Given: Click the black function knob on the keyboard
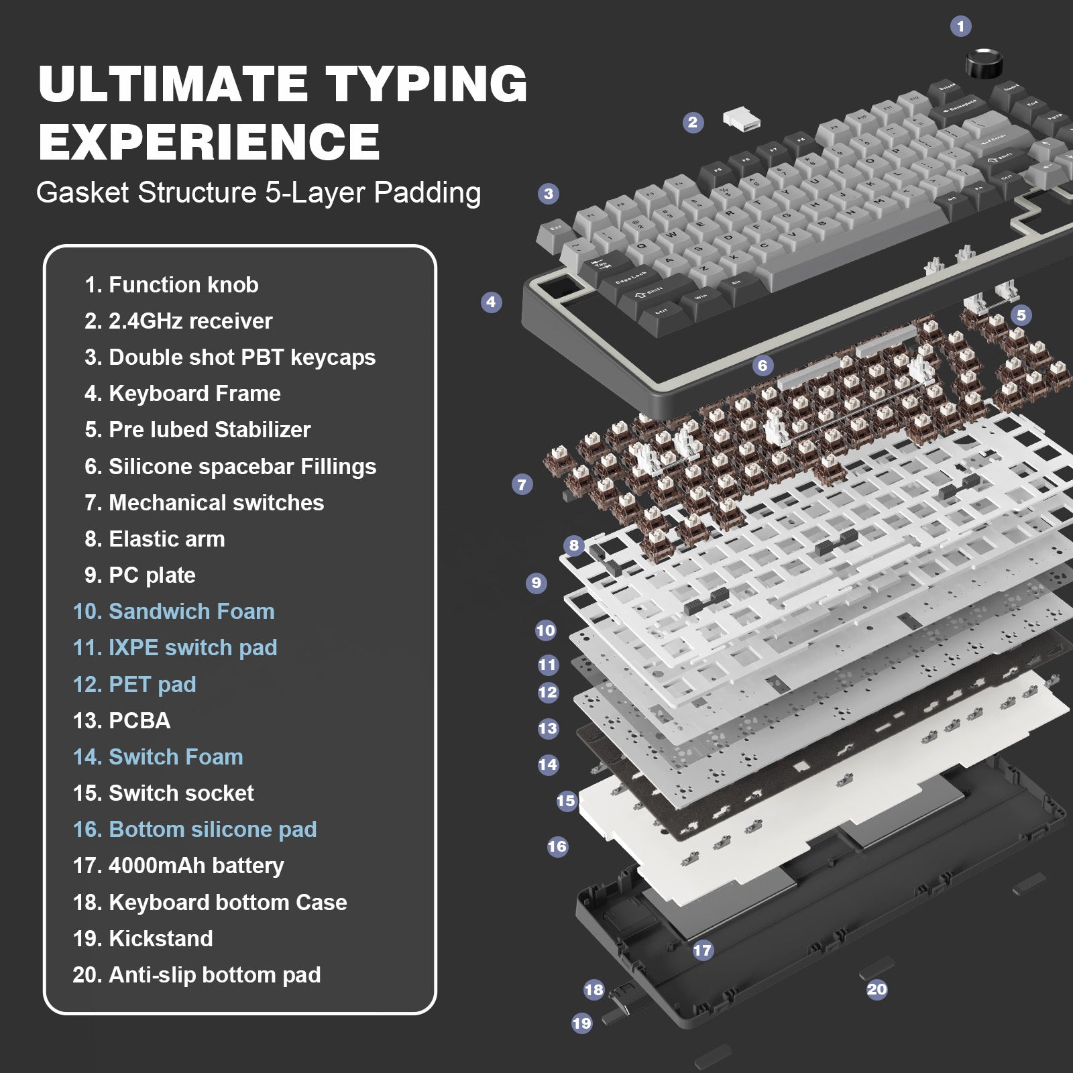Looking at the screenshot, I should click(x=984, y=64).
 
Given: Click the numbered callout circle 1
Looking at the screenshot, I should click(x=960, y=26).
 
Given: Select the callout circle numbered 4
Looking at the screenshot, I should click(x=491, y=302).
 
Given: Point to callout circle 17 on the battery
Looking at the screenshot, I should click(x=702, y=950).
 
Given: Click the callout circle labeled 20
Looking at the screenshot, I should click(x=877, y=989).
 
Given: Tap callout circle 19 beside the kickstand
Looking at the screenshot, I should click(x=581, y=1023).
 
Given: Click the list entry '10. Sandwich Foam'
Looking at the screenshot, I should click(x=174, y=611).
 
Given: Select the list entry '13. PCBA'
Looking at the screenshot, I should click(x=121, y=720).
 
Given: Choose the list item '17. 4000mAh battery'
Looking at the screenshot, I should click(x=178, y=865).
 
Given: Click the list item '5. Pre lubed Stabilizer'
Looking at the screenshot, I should click(x=197, y=429).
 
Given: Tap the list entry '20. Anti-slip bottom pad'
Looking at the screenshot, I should click(x=196, y=974).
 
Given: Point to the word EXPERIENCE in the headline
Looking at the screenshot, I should click(x=209, y=142).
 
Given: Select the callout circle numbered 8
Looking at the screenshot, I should click(x=573, y=545).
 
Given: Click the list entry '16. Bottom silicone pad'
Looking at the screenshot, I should click(x=194, y=829).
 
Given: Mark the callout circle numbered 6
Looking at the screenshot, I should click(x=762, y=365).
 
